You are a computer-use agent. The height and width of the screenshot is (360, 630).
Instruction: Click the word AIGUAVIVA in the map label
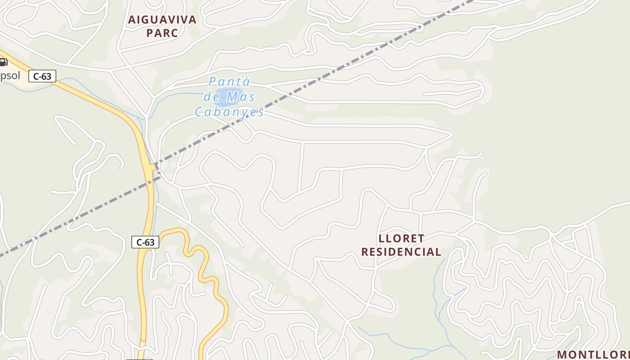click(162, 20)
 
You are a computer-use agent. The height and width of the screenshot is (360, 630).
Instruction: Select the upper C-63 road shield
click(42, 76)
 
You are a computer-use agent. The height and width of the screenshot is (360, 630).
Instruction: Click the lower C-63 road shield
click(145, 242)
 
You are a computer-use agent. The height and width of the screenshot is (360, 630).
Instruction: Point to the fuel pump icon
click(4, 62)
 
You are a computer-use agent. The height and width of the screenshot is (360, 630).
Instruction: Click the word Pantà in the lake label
click(229, 82)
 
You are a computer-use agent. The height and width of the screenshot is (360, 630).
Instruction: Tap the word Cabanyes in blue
click(229, 112)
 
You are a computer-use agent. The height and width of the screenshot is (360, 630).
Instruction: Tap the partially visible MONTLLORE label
click(593, 354)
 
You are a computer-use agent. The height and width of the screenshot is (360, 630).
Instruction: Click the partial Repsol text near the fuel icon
click(10, 76)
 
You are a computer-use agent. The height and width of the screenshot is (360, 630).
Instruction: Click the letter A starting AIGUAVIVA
click(132, 20)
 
